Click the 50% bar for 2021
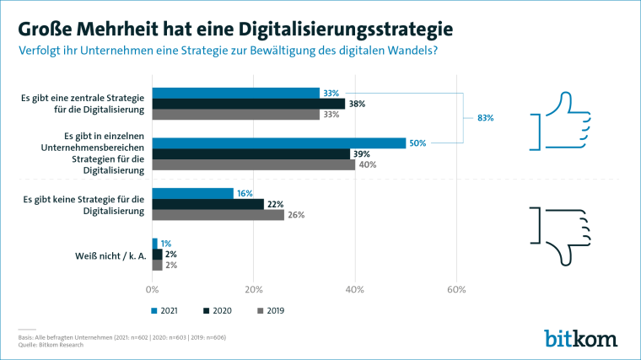click(x=278, y=143)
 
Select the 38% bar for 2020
click(x=248, y=104)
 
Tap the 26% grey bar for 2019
click(x=218, y=215)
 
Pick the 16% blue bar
click(x=192, y=193)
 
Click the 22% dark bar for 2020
click(x=207, y=204)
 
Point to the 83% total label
click(x=485, y=118)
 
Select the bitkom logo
click(x=580, y=338)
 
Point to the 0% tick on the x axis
click(x=152, y=289)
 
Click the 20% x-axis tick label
click(x=253, y=289)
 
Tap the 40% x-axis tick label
click(x=355, y=289)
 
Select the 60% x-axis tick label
click(x=456, y=289)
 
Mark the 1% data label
click(x=166, y=243)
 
